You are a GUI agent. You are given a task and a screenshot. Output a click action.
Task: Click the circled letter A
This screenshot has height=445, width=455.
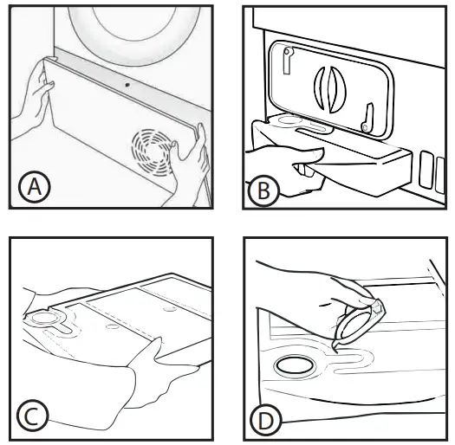pos(35,187)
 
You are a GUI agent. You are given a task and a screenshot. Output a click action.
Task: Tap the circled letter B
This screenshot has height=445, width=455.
pos(263,190)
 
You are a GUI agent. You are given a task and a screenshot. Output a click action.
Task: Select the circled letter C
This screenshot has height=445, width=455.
pos(33,416)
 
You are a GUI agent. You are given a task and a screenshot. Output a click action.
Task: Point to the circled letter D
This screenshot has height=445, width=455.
pos(265,420)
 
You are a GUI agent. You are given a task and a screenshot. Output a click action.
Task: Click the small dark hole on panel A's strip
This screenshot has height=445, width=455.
pos(127,85)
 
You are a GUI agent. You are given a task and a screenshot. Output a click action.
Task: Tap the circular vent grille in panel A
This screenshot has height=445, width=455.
pos(152,152)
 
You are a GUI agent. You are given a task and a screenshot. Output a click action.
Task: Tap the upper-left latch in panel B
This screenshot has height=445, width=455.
pos(288,60)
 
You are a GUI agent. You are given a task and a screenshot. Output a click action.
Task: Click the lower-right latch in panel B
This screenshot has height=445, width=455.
pos(367,119)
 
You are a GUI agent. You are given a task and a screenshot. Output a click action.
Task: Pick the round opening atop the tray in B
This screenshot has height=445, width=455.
pos(288,119)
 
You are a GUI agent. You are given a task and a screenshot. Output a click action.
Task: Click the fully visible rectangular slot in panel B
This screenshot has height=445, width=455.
pos(426,170)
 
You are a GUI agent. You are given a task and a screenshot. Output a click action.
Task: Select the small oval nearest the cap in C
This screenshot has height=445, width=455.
pos(111,326)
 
